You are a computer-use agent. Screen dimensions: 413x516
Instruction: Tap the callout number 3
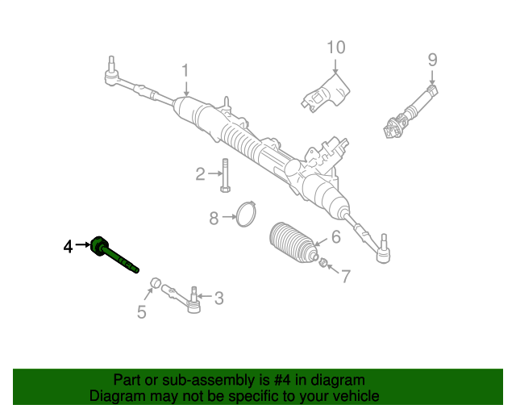coord(218,298)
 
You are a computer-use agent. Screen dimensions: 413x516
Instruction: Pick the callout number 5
coord(141,312)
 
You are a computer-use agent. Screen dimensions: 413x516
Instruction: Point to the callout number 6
coord(335,237)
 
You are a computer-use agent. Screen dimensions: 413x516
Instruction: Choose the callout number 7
coord(345,277)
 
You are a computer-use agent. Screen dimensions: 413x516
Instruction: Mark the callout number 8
coord(214,218)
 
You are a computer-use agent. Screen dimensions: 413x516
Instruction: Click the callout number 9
coord(432,59)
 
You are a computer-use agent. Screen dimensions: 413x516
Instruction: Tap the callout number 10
coord(335,48)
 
